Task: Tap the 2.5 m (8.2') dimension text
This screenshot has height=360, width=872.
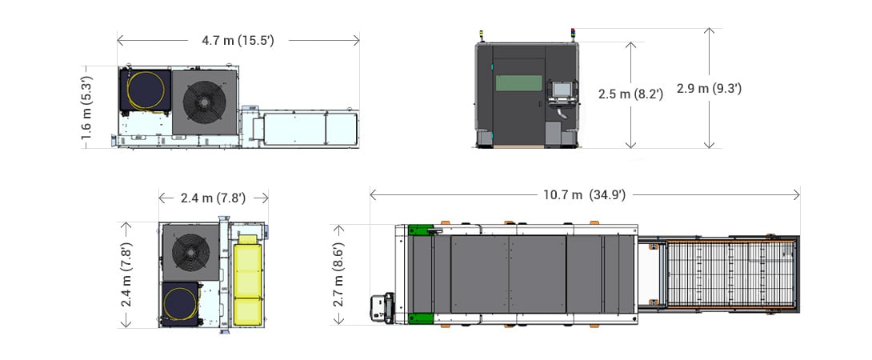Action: click(x=631, y=94)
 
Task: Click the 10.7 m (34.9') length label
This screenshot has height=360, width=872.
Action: click(x=584, y=194)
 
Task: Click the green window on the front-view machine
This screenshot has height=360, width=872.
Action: click(x=518, y=84)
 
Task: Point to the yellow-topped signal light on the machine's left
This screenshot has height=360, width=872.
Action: click(x=482, y=35)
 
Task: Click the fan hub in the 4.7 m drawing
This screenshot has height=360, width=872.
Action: click(x=204, y=101)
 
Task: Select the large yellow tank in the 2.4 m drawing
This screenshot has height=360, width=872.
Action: click(x=247, y=280)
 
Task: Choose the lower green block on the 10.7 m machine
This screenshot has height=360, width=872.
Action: click(x=418, y=318)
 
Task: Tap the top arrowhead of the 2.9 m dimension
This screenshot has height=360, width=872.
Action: click(x=708, y=30)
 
